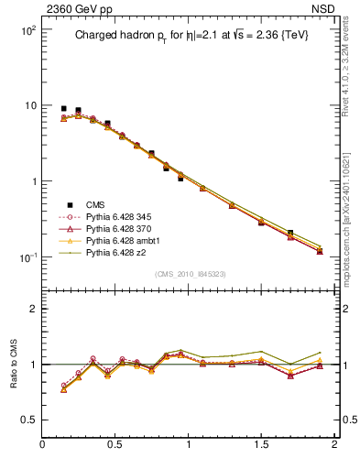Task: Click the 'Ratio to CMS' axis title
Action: pos(14,365)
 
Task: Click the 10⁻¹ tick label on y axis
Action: pos(27,257)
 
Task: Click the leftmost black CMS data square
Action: pos(63,108)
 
